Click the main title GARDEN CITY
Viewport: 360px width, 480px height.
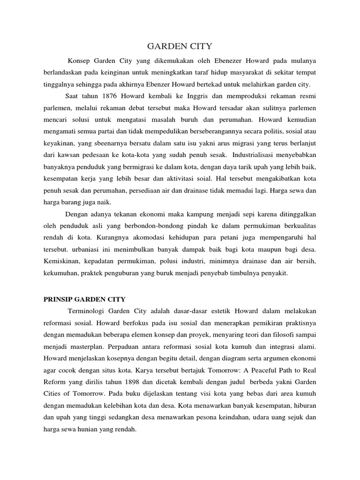point(180,46)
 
